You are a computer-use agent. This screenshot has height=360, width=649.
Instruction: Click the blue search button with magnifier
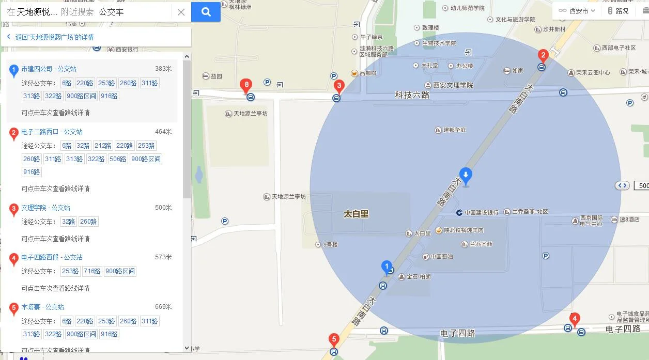206,12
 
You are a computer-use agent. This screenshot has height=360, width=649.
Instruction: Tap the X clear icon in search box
181,12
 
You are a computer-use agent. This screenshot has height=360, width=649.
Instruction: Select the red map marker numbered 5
334,340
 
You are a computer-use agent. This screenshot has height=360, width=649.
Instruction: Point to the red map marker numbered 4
574,319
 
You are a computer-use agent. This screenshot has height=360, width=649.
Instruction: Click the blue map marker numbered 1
386,267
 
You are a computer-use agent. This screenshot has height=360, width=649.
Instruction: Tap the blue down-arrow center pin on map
466,176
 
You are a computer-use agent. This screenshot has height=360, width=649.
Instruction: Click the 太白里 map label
357,213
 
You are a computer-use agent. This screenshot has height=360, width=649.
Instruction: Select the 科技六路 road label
412,95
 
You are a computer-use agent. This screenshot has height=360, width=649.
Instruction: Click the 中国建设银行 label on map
481,212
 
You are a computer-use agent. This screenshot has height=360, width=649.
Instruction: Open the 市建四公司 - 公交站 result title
49,69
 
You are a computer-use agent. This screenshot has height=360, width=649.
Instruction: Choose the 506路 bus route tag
118,159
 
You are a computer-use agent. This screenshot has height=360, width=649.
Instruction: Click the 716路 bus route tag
92,271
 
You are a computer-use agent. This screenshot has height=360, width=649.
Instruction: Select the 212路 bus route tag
103,146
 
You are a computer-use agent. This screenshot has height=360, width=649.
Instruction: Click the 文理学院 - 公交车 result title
45,208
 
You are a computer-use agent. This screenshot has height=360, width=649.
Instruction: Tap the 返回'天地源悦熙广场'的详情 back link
54,37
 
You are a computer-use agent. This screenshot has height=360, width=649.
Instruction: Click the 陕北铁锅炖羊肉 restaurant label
463,230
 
